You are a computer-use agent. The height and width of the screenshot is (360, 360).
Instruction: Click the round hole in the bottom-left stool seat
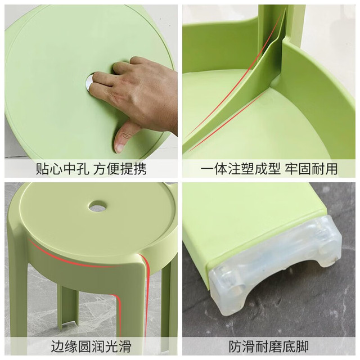tap(97, 206)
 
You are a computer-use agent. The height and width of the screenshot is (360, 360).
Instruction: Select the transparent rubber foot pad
tap(274, 266)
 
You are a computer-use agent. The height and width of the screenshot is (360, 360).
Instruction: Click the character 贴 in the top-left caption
tap(43, 169)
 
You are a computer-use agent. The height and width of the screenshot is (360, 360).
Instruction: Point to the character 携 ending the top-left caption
tap(140, 169)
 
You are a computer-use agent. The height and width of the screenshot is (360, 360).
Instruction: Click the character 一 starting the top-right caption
tap(207, 169)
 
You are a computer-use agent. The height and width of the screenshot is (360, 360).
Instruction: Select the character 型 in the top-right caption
tap(273, 169)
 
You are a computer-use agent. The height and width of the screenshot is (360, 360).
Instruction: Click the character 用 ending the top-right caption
tap(331, 169)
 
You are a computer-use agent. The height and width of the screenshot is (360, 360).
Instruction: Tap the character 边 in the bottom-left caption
tap(57, 347)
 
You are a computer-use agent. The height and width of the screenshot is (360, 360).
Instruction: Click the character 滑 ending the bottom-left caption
tap(125, 347)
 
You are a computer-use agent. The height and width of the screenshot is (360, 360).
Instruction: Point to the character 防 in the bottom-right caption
tap(235, 347)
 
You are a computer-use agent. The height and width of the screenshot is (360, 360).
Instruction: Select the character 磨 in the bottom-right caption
tap(275, 347)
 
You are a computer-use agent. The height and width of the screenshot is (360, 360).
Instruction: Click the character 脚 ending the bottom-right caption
tap(302, 347)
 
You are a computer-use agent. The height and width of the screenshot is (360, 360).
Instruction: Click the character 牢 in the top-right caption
tap(291, 169)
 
